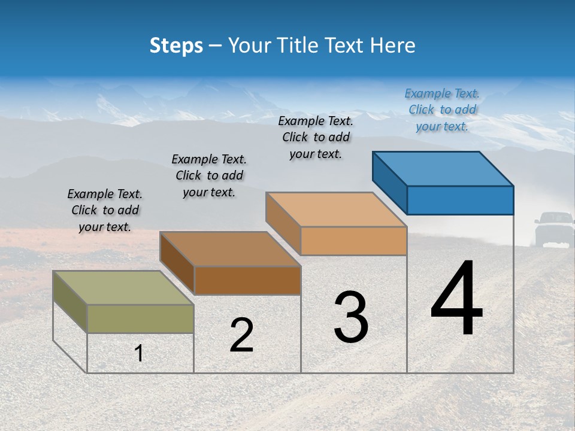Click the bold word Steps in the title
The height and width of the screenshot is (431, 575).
pos(176,45)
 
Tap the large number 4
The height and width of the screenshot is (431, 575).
pos(456,299)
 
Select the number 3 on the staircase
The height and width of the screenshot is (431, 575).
pos(351,317)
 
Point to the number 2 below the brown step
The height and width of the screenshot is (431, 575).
pos(241,335)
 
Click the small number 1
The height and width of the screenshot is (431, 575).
pos(139,353)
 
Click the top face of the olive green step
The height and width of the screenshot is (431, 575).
pos(123,287)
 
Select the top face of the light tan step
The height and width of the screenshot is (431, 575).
pos(336,210)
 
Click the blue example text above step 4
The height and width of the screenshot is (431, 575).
pos(442,110)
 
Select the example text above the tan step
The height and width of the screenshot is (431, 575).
pos(316,137)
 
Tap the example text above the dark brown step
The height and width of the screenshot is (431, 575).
pos(209,175)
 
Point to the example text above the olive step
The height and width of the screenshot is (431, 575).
pos(105,210)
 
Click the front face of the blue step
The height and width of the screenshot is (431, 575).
pos(460,200)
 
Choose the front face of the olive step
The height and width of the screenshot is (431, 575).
pos(140,318)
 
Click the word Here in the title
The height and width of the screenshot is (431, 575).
pos(393,45)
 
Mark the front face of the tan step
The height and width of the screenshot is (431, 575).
pos(353,241)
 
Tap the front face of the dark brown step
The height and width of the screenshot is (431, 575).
pos(247,280)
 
